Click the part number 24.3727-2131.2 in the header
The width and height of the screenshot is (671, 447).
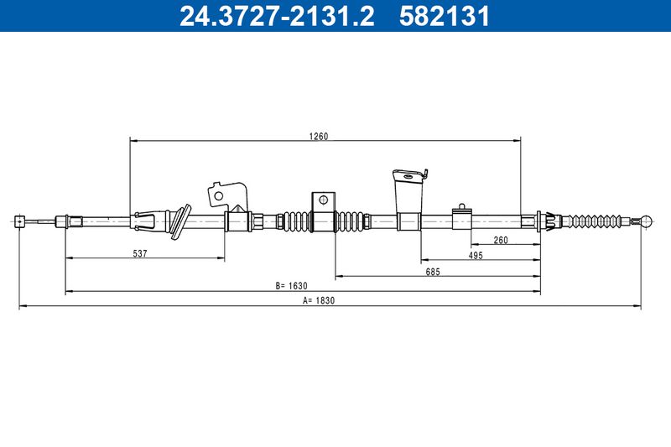coord(277,16)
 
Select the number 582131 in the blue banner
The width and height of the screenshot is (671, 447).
coord(445,16)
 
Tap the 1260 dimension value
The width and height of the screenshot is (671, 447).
coord(319,136)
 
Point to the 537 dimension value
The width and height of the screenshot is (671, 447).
coord(140,253)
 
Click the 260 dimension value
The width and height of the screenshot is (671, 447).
coord(501,240)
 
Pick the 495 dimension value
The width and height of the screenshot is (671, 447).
coord(476,255)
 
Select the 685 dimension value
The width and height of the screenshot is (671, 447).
coord(433,272)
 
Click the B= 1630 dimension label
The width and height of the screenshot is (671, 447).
coord(291,286)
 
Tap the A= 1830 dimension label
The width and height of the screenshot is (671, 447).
coord(319,300)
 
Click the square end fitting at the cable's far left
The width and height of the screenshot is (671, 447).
coord(19,221)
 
